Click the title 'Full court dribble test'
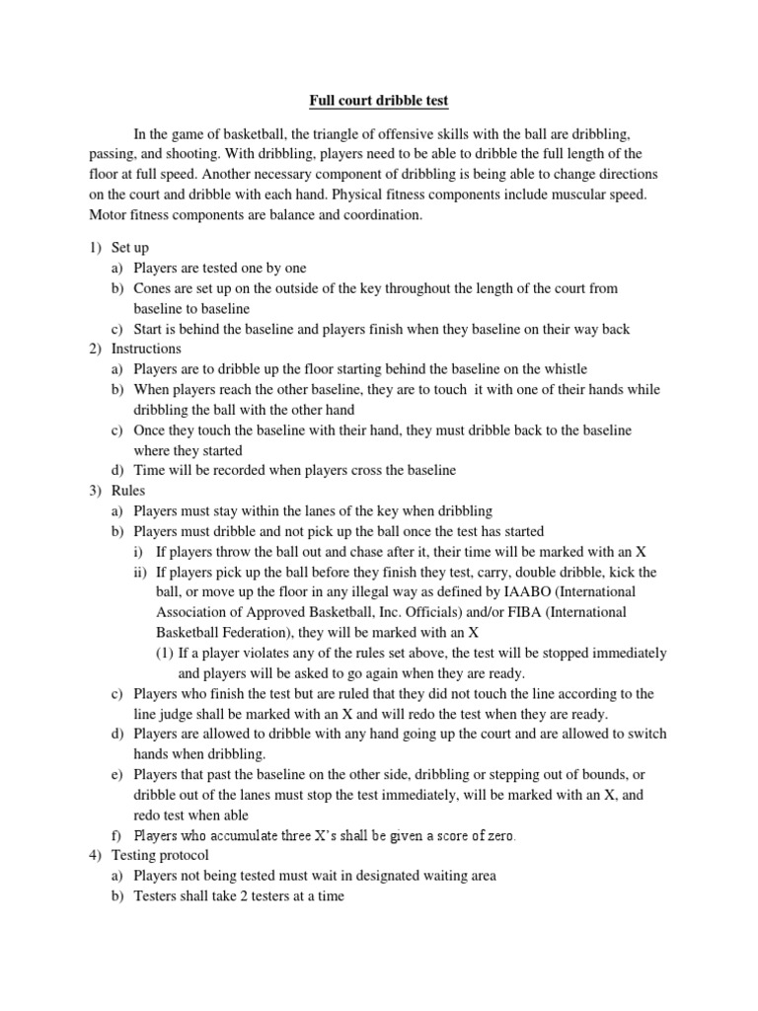coord(379,101)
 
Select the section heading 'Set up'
coord(129,248)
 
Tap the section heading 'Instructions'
coord(146,349)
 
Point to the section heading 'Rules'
coord(127,491)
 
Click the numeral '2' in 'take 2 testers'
coord(234,896)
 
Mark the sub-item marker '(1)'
coord(166,653)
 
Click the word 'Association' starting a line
coord(191,612)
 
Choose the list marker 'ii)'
coord(141,572)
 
